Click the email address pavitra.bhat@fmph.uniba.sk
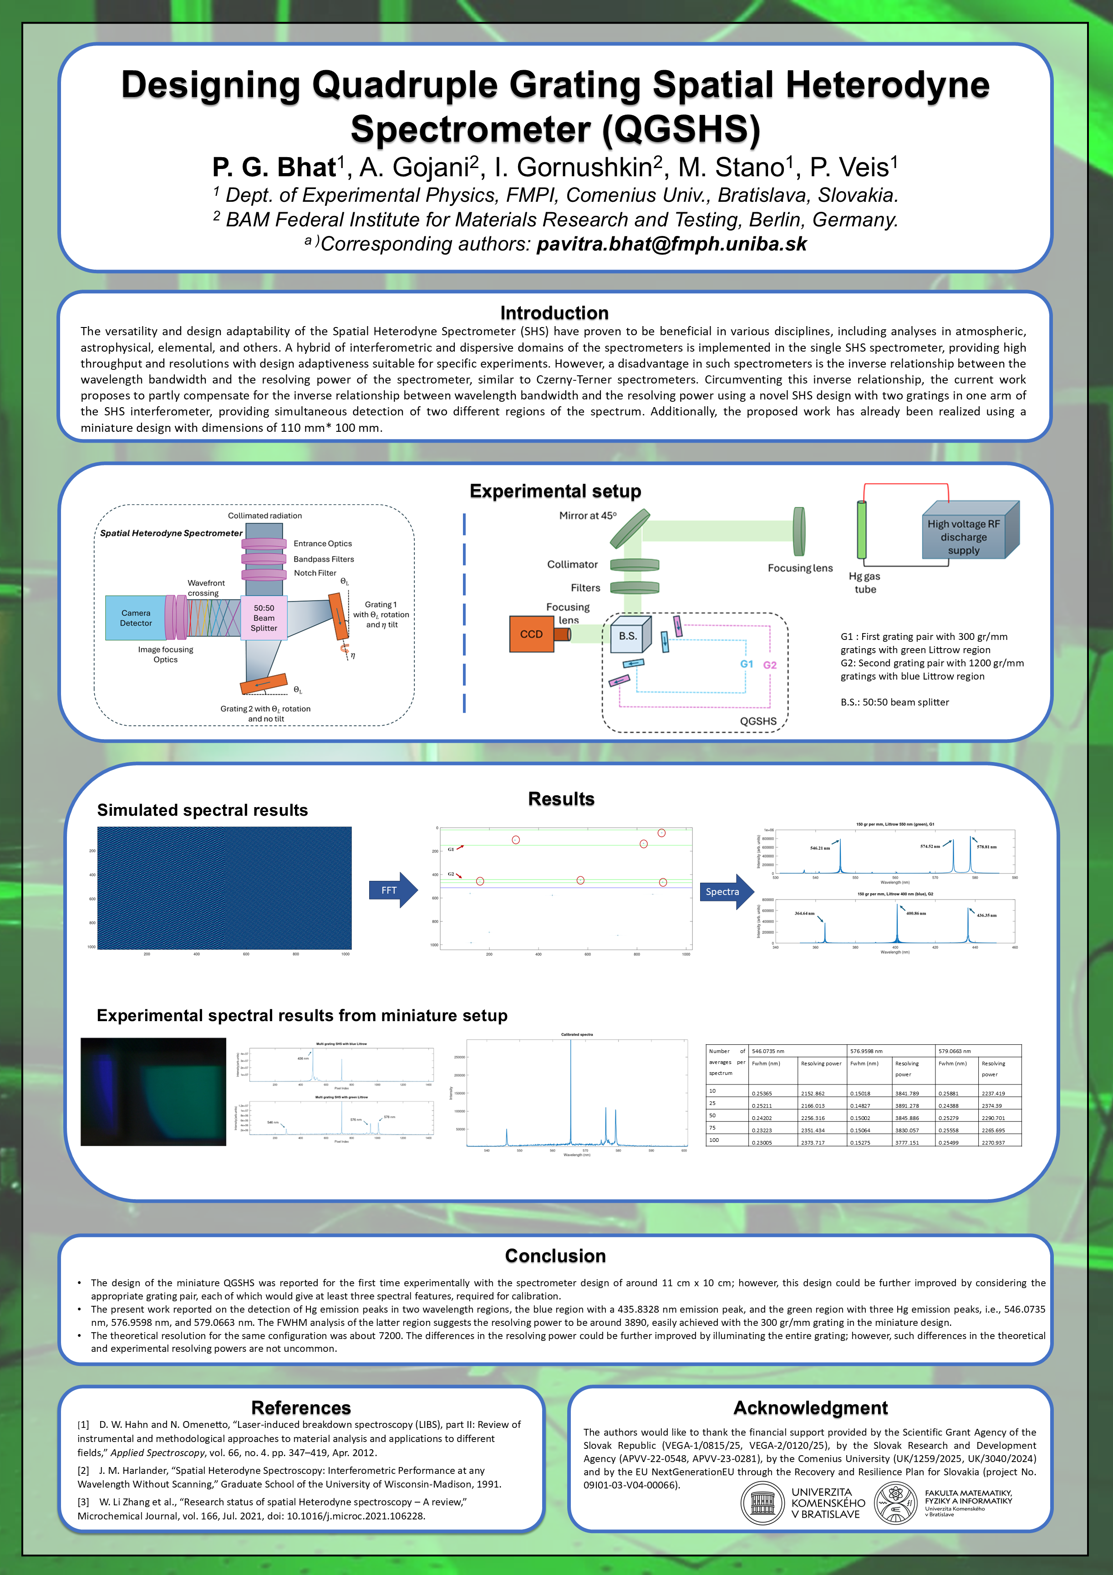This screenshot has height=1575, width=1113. point(671,244)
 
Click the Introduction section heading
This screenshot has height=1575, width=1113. point(554,313)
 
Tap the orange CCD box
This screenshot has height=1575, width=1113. point(532,634)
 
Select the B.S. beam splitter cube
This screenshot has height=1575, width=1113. point(627,636)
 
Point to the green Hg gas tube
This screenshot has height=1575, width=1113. point(861,530)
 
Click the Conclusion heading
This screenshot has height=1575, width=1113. point(555,1255)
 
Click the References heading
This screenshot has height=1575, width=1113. point(301,1408)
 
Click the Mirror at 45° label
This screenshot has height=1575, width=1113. point(588,516)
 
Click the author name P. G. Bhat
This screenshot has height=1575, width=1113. point(274,167)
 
